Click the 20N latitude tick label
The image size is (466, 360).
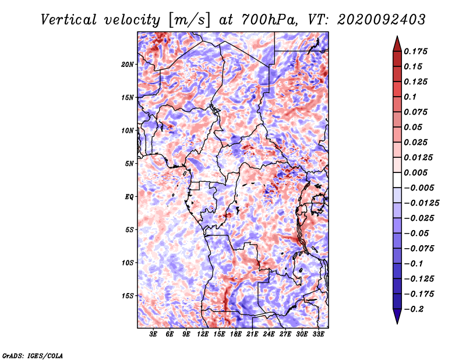pyautogui.click(x=128, y=65)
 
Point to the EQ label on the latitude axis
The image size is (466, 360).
pyautogui.click(x=129, y=197)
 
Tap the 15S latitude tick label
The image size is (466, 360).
pyautogui.click(x=128, y=296)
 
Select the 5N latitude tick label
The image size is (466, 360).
pyautogui.click(x=129, y=164)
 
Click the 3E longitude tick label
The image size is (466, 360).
pyautogui.click(x=153, y=334)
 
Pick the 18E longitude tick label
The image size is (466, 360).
pyautogui.click(x=236, y=334)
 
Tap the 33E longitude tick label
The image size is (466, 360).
pyautogui.click(x=318, y=334)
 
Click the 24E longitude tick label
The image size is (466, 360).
pyautogui.click(x=269, y=334)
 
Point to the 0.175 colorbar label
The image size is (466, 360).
pyautogui.click(x=415, y=51)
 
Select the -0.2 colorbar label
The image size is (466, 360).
pyautogui.click(x=414, y=309)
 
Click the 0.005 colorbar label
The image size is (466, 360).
pyautogui.click(x=415, y=172)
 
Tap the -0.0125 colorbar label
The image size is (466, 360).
pyautogui.click(x=421, y=203)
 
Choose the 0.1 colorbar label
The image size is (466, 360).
pyautogui.click(x=410, y=97)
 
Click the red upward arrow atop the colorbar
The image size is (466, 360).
pyautogui.click(x=397, y=44)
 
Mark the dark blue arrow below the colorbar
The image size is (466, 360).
pyautogui.click(x=397, y=316)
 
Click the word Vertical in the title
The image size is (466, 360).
pyautogui.click(x=69, y=20)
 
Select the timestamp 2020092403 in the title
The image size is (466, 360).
pyautogui.click(x=382, y=20)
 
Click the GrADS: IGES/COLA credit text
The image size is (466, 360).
pyautogui.click(x=33, y=355)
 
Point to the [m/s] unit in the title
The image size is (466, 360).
pyautogui.click(x=189, y=20)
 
